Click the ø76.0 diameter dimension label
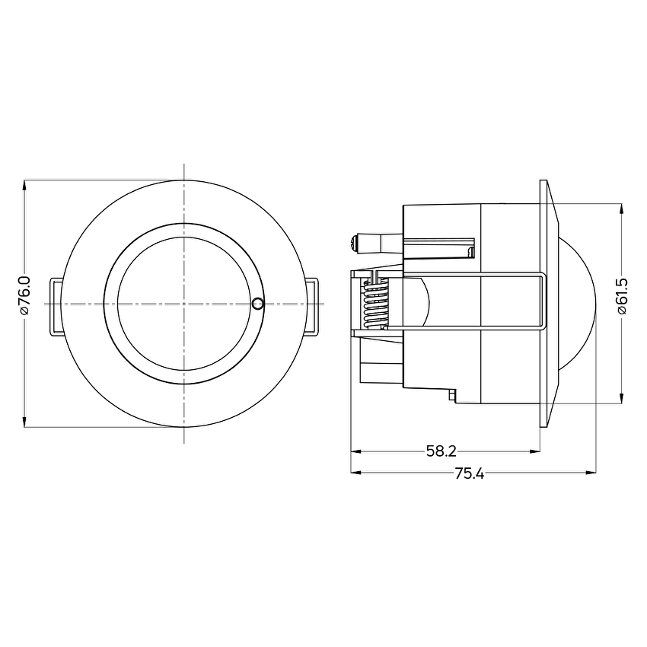(25, 296)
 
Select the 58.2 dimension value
(441, 451)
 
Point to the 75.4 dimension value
(470, 473)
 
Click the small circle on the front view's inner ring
(257, 304)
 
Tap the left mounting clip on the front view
(56, 307)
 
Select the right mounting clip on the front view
(312, 307)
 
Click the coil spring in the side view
(375, 304)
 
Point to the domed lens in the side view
(578, 303)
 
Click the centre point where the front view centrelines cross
(184, 304)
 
